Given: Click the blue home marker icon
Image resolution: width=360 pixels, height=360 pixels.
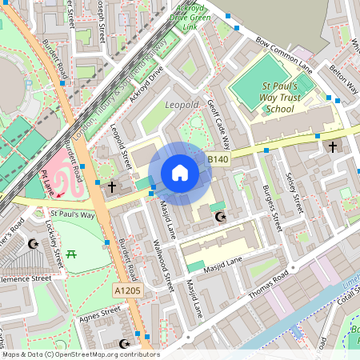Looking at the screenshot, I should pyautogui.click(x=180, y=173).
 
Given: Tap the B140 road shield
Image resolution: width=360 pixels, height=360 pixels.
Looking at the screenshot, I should pyautogui.click(x=218, y=160).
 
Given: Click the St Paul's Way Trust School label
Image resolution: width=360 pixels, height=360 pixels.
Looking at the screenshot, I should pyautogui.click(x=281, y=97).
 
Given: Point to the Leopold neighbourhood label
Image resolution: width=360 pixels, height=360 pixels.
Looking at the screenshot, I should pyautogui.click(x=181, y=105).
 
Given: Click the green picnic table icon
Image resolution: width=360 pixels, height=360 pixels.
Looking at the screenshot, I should pyautogui.click(x=72, y=254).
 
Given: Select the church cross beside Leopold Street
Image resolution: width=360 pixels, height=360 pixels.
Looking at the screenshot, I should pyautogui.click(x=112, y=186).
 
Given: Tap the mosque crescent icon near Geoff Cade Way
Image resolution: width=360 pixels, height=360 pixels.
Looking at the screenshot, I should pyautogui.click(x=222, y=216).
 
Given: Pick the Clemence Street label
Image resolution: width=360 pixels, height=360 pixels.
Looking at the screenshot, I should pyautogui.click(x=24, y=278).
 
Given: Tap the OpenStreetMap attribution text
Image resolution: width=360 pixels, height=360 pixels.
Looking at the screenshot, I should pyautogui.click(x=80, y=354).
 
